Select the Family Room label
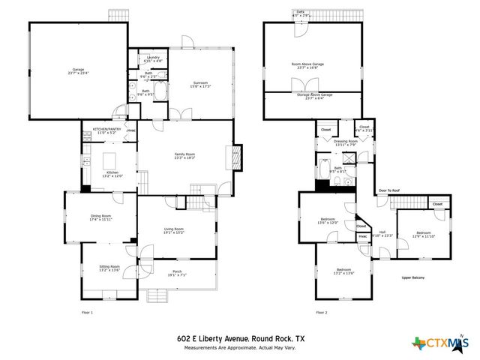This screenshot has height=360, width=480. pyautogui.click(x=184, y=155)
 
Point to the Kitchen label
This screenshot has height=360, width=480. pyautogui.click(x=112, y=174)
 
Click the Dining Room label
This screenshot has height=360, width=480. pyautogui.click(x=100, y=217)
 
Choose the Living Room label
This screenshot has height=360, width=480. pyautogui.click(x=174, y=230)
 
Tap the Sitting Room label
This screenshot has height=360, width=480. pyautogui.click(x=109, y=268)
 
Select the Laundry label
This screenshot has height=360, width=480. pyautogui.click(x=154, y=58)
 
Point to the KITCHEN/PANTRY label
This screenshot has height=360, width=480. pyautogui.click(x=106, y=130)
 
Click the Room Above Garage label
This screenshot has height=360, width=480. pyautogui.click(x=307, y=65)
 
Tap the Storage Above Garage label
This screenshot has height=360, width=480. pyautogui.click(x=313, y=95)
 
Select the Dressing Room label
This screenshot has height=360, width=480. pyautogui.click(x=345, y=142)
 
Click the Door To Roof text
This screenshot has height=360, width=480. pyautogui.click(x=389, y=190)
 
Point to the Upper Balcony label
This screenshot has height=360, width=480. pyautogui.click(x=413, y=277)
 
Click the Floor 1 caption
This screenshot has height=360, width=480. pyautogui.click(x=87, y=312)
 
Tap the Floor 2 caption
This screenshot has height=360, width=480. pyautogui.click(x=322, y=312)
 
